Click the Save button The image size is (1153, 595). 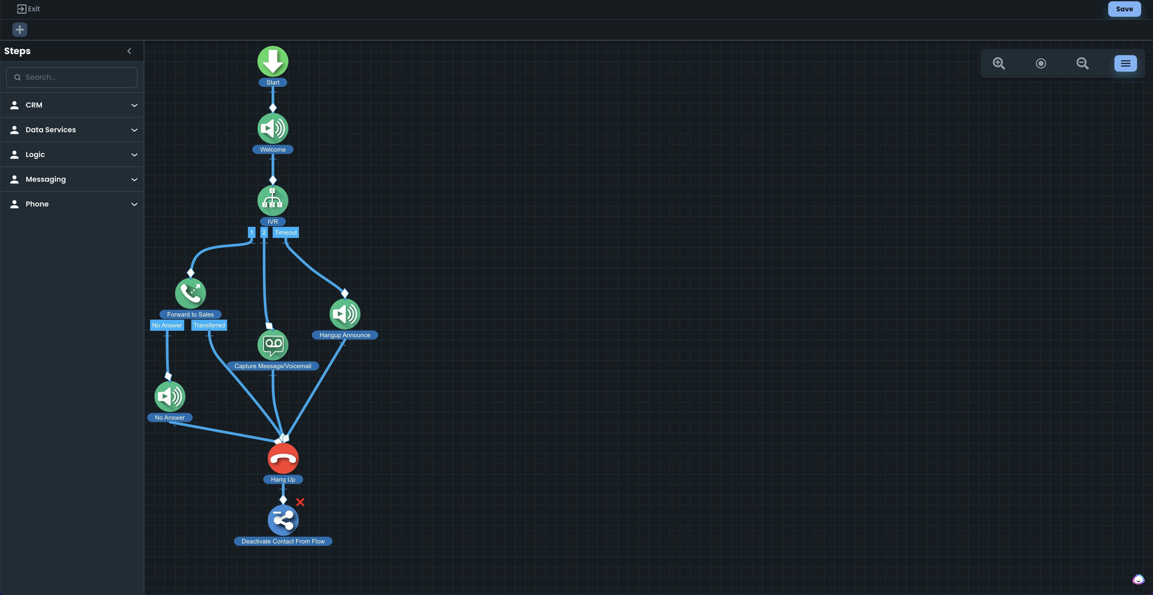click(x=1124, y=9)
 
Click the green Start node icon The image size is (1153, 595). click(x=273, y=61)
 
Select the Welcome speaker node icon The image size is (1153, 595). click(x=273, y=129)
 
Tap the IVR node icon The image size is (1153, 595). click(x=273, y=200)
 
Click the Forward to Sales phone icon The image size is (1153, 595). click(x=190, y=293)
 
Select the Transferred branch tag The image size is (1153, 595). click(x=209, y=325)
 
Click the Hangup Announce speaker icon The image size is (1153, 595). click(x=345, y=314)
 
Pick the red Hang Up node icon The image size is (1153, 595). click(x=283, y=458)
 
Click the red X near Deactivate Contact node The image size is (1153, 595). click(x=300, y=502)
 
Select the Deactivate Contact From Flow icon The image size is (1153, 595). click(x=283, y=520)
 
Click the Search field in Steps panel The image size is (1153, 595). click(x=72, y=77)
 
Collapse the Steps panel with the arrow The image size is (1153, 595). click(x=129, y=51)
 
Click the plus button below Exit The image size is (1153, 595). click(x=20, y=30)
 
